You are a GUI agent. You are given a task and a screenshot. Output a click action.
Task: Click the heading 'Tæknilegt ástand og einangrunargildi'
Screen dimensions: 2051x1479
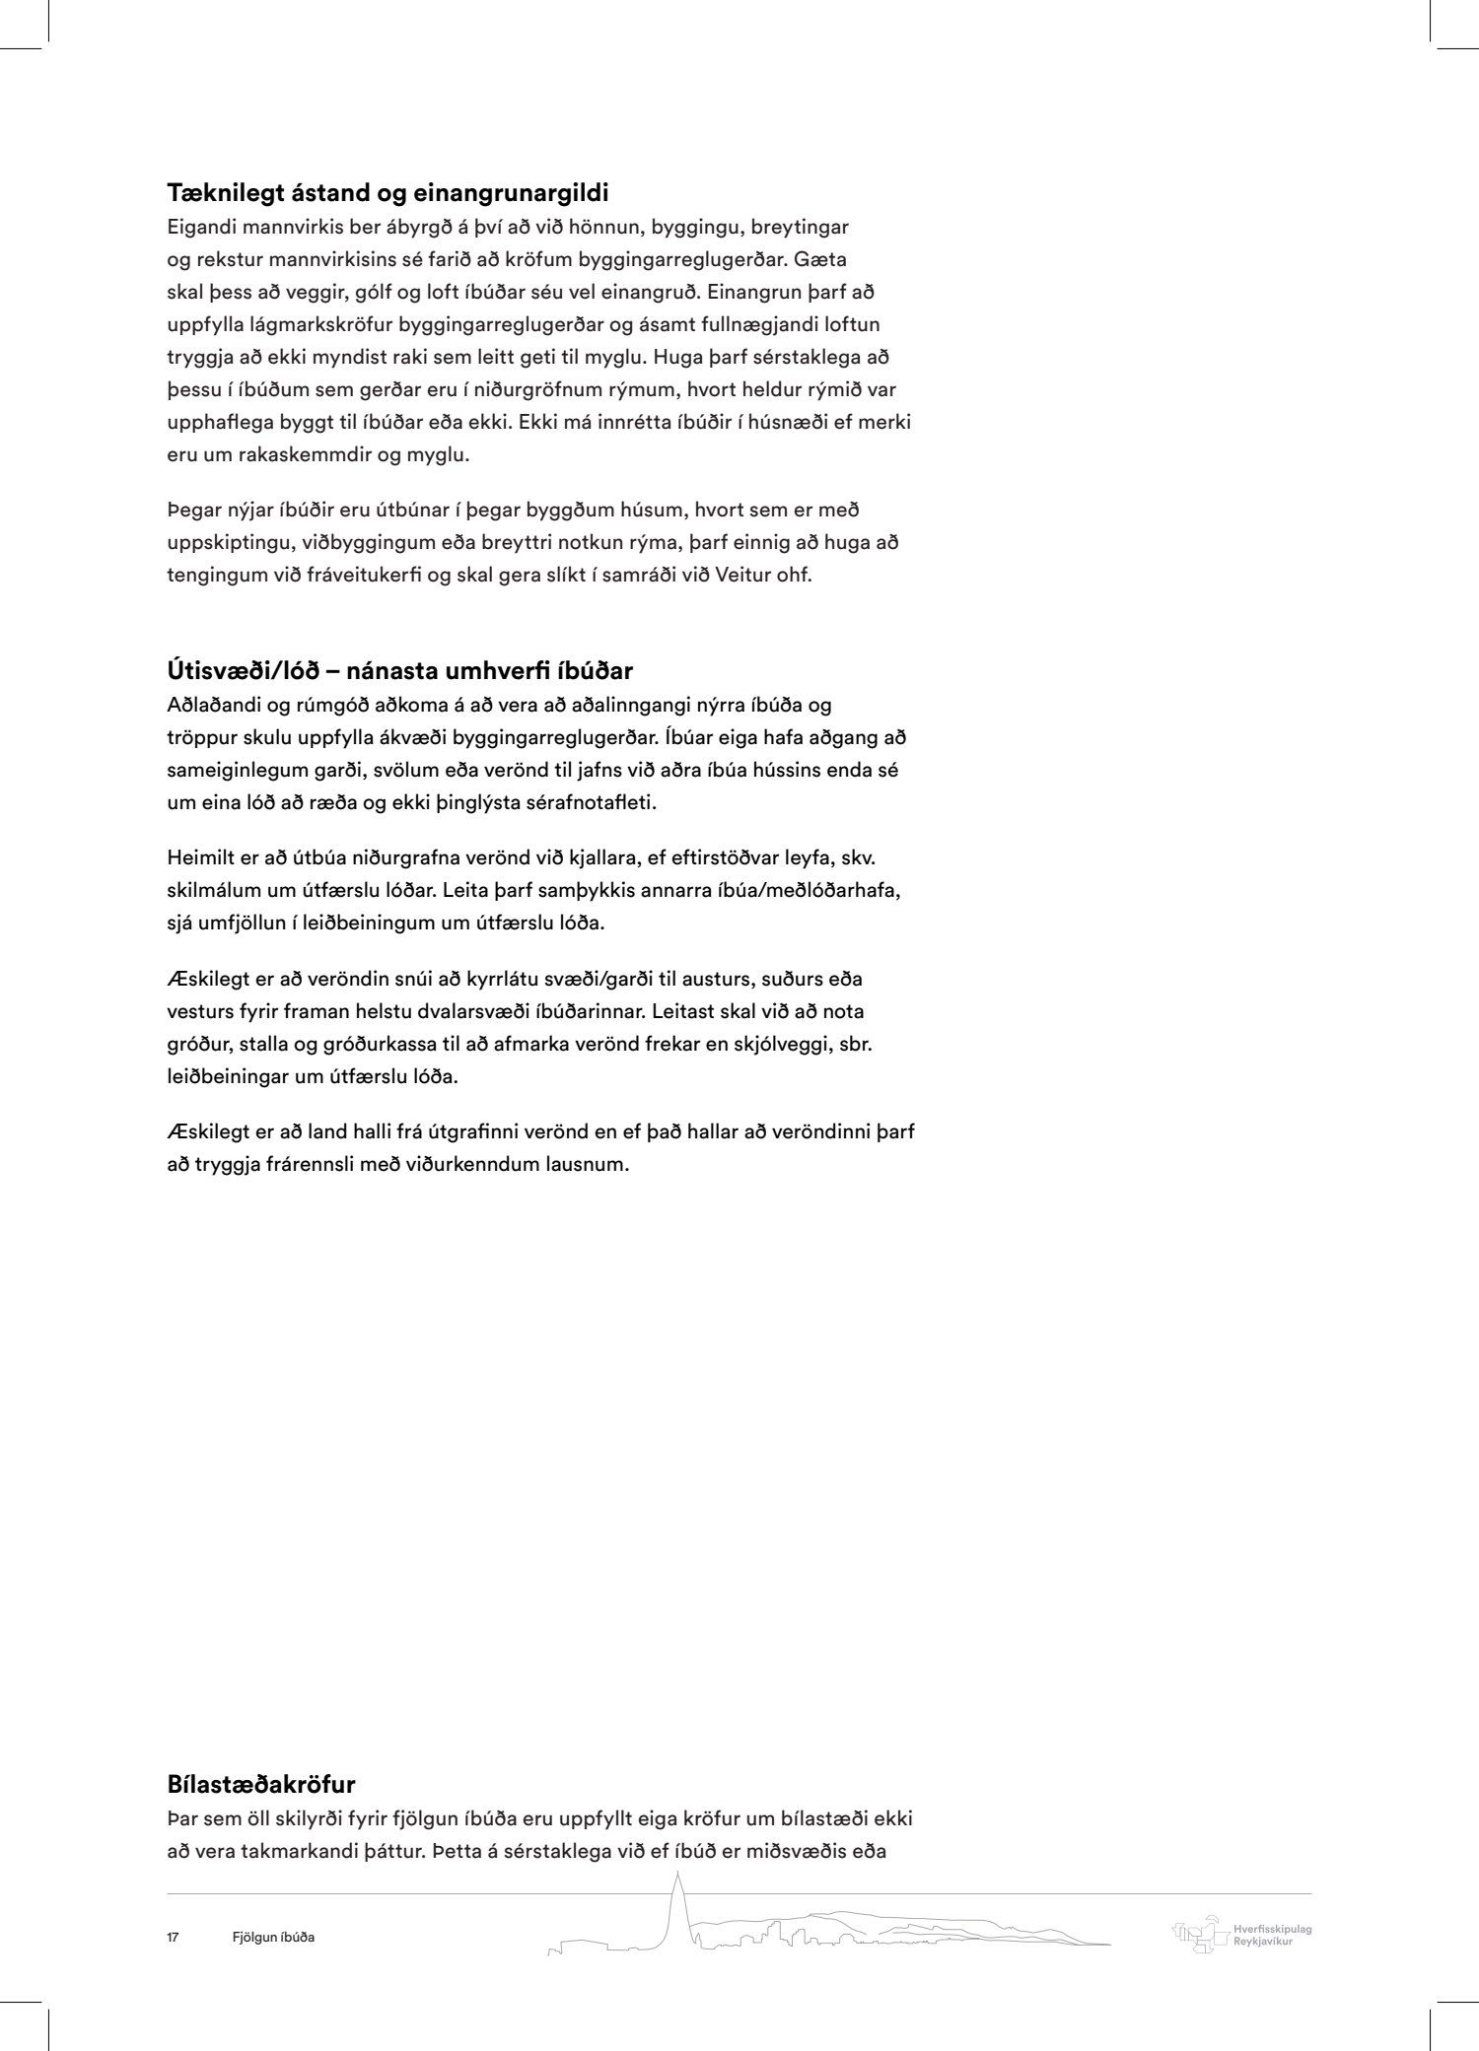coord(387,192)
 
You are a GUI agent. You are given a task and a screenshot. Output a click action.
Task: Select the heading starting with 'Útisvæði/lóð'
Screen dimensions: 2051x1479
coord(399,671)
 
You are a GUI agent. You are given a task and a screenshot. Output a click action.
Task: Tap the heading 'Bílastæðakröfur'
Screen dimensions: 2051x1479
coord(261,1784)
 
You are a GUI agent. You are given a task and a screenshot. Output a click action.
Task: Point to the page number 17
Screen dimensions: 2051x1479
coord(173,1938)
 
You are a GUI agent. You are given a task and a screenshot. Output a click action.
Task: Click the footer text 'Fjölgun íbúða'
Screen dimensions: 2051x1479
coord(268,1938)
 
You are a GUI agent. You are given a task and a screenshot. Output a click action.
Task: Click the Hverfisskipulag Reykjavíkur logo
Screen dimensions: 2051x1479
coord(1240,1935)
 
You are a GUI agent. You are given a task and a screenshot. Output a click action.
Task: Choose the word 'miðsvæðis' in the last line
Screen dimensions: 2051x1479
coord(792,1851)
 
